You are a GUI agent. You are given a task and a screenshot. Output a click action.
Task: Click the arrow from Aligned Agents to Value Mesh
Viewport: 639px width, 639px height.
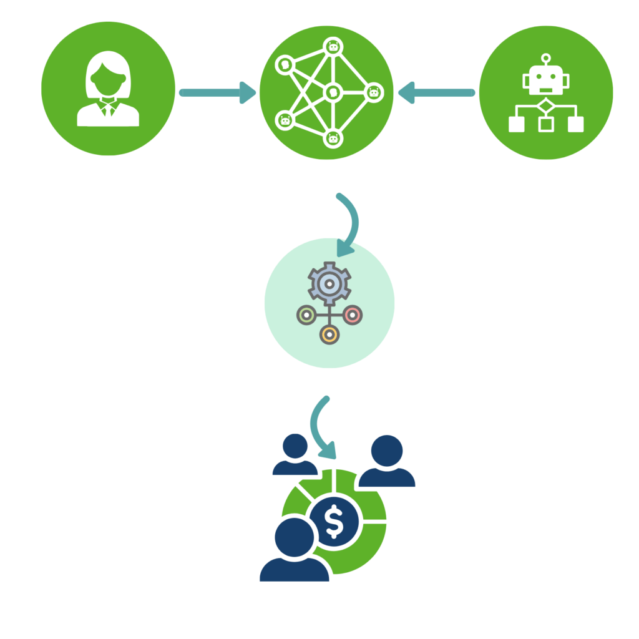pos(437,93)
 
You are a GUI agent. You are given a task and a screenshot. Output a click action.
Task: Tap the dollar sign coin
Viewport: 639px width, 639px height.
pos(334,522)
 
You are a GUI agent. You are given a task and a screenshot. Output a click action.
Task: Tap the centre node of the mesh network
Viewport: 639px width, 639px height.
pos(332,93)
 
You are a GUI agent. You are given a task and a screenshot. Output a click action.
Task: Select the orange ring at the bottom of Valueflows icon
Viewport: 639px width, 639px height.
pos(329,335)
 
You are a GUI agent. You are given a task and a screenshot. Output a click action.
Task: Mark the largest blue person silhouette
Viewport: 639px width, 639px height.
pos(294,549)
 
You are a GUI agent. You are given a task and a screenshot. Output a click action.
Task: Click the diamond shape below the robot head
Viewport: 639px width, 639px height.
pos(546,106)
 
